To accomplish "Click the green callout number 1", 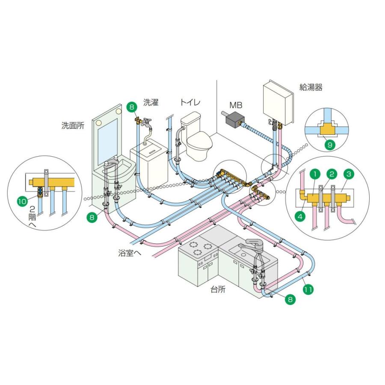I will coord(314,174).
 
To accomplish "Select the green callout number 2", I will coord(331,174).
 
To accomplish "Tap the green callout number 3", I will coord(349,174).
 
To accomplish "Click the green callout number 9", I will coord(329,145).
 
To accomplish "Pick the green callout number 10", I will coord(22,200).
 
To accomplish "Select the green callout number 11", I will coord(308,289).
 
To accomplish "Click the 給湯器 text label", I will coord(311,88).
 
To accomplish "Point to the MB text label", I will coord(236,105).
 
